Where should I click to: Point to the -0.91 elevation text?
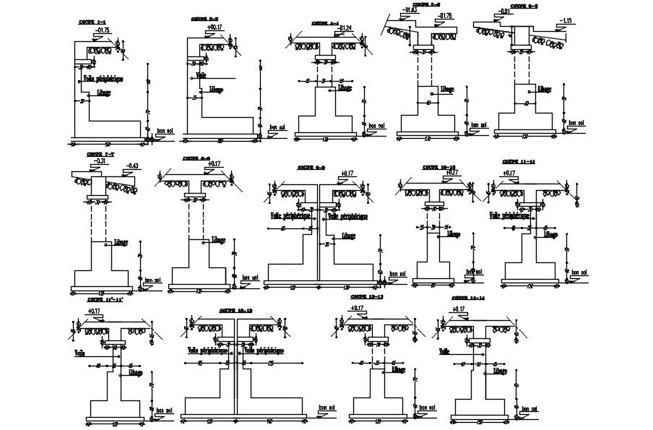point(506,11)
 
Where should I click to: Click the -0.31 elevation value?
point(100,160)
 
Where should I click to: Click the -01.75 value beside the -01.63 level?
point(444,15)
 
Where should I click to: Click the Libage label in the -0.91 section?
point(543,90)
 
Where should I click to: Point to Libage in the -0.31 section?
point(120,242)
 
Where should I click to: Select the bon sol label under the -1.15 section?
point(576,122)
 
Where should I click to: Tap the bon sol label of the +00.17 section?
point(277,128)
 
